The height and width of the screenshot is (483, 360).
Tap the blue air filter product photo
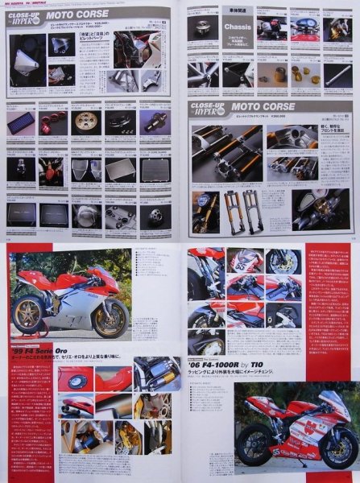pos(20,122)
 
